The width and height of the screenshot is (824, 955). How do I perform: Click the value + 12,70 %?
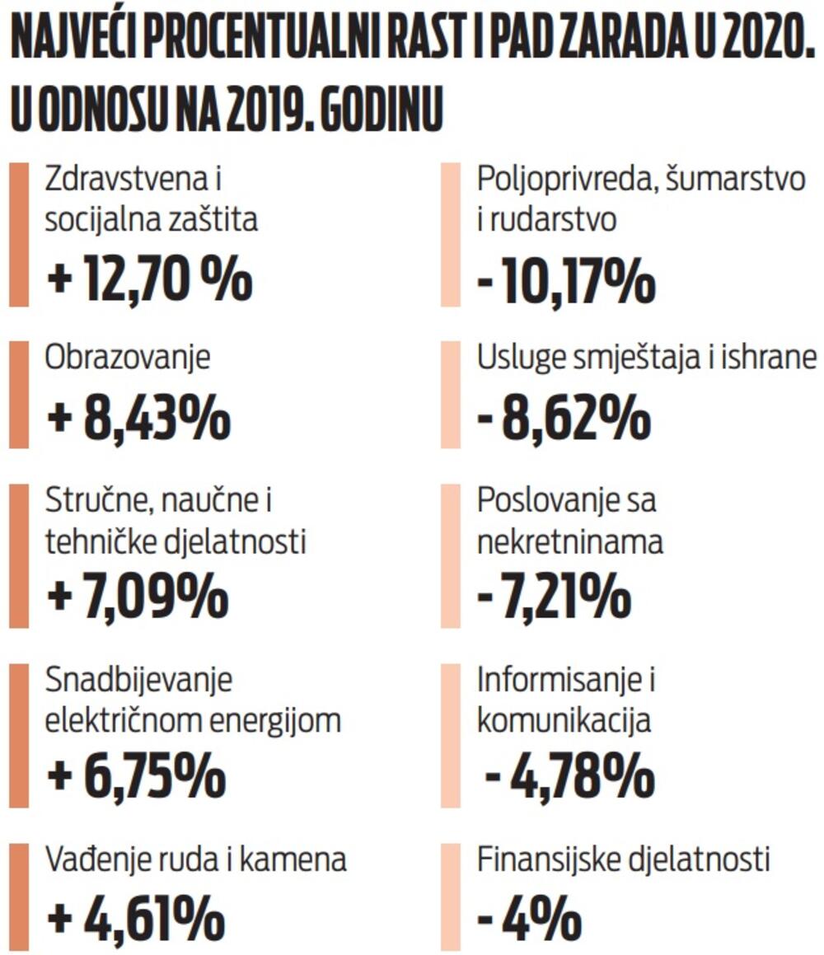[x=149, y=279]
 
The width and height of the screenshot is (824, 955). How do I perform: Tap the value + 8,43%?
[x=138, y=419]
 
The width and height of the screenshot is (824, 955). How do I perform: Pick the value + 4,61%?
[x=136, y=916]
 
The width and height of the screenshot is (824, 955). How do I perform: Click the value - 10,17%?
[x=567, y=282]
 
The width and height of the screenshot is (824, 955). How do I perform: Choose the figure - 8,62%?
[x=564, y=419]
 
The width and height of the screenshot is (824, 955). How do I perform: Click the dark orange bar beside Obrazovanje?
[x=19, y=395]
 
